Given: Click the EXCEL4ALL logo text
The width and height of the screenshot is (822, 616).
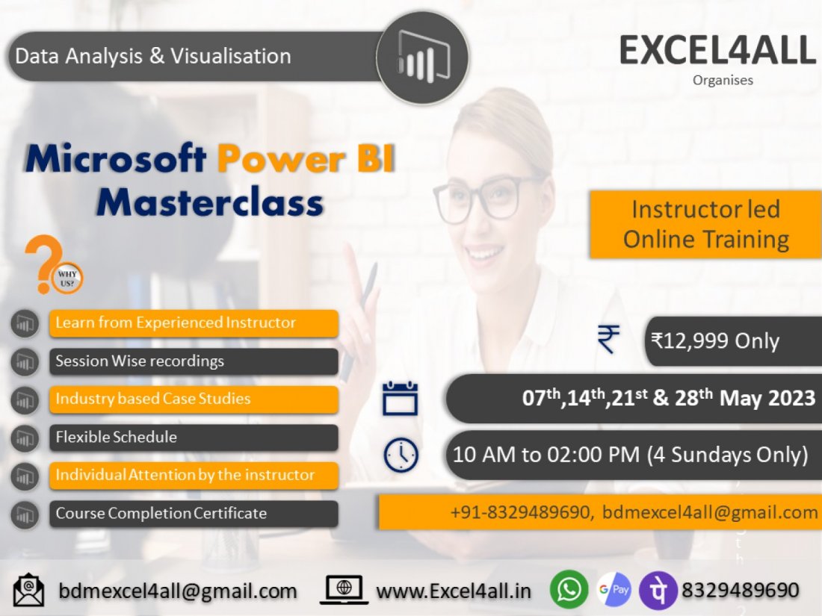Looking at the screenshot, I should click(717, 50).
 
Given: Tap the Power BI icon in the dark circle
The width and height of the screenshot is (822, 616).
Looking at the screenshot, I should click(422, 57).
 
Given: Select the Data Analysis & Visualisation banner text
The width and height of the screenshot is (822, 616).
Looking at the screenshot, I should click(153, 56).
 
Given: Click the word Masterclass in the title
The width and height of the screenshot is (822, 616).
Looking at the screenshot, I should click(210, 202).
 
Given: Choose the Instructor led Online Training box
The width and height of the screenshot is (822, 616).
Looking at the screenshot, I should click(705, 224).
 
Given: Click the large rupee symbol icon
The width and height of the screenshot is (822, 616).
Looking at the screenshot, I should click(608, 340).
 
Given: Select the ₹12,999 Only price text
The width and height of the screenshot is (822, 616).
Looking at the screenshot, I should click(714, 341).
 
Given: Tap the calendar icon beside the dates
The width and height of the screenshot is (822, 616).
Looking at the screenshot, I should click(401, 398).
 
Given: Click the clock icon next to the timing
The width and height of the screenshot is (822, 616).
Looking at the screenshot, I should click(401, 455).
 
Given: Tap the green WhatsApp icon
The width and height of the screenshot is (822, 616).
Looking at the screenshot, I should click(569, 590).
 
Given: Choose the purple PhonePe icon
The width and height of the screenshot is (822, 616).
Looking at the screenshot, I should click(658, 591).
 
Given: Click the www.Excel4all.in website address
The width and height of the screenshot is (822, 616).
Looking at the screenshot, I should click(453, 591).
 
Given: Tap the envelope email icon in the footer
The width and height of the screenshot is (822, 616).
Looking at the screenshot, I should click(30, 590).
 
